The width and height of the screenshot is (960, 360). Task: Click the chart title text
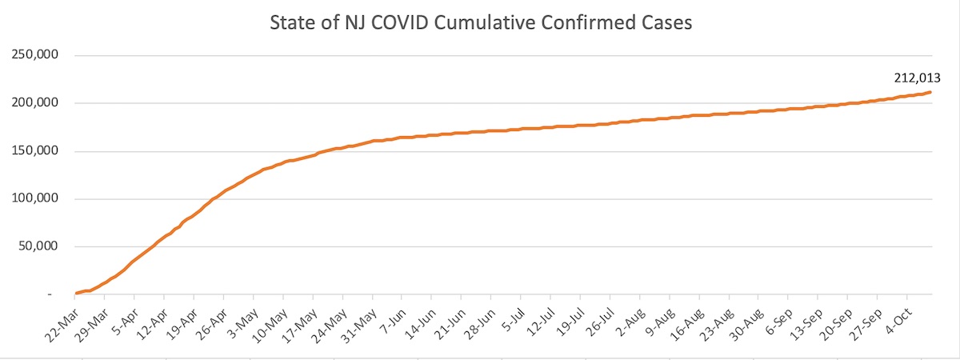479,23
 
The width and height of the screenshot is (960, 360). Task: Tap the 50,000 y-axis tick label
38,246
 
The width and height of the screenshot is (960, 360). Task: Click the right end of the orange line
930,92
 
